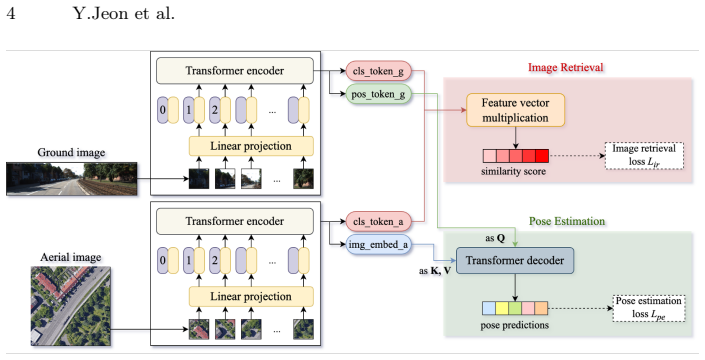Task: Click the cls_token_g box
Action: pyautogui.click(x=379, y=71)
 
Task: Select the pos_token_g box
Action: pyautogui.click(x=379, y=94)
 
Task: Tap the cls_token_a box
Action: pyautogui.click(x=379, y=221)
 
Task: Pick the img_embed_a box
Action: pyautogui.click(x=379, y=245)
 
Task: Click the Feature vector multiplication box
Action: pyautogui.click(x=515, y=110)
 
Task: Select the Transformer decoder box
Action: pyautogui.click(x=515, y=261)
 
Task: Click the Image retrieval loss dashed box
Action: pyautogui.click(x=644, y=156)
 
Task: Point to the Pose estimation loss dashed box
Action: pyautogui.click(x=649, y=308)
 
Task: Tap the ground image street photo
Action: pyautogui.click(x=71, y=179)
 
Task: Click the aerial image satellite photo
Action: pyautogui.click(x=71, y=306)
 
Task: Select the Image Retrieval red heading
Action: pyautogui.click(x=566, y=67)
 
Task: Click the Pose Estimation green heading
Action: pyautogui.click(x=567, y=221)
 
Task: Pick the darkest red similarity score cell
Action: pyautogui.click(x=542, y=156)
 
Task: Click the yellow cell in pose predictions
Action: pyautogui.click(x=502, y=308)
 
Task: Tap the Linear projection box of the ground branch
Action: pyautogui.click(x=251, y=147)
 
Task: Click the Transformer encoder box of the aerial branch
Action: pyautogui.click(x=235, y=221)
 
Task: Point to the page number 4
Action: pyautogui.click(x=11, y=14)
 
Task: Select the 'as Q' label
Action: pyautogui.click(x=495, y=238)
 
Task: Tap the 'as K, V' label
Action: pyautogui.click(x=435, y=271)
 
